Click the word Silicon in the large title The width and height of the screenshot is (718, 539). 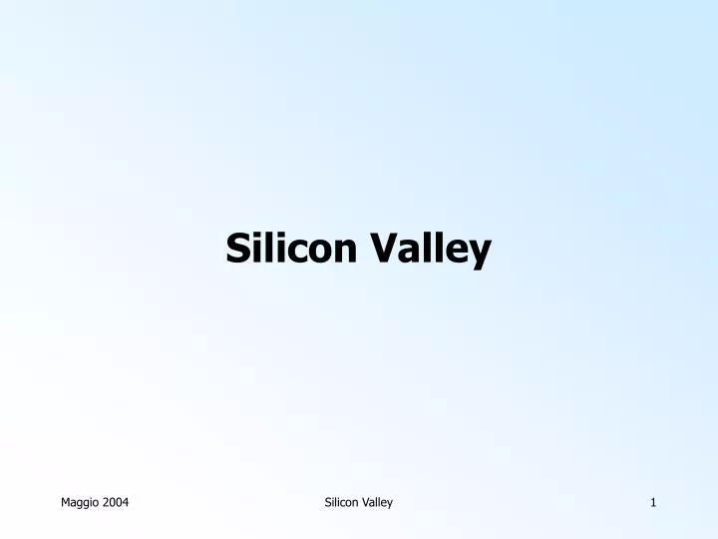[290, 248]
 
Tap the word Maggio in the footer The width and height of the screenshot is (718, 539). [81, 502]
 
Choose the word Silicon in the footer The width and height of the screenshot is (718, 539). [342, 502]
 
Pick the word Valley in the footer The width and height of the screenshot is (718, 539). [378, 502]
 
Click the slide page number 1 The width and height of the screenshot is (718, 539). [653, 502]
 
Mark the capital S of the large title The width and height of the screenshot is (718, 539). [236, 248]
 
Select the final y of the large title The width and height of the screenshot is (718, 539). [480, 252]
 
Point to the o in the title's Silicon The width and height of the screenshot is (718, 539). [319, 251]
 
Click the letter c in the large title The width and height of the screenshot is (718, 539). [297, 251]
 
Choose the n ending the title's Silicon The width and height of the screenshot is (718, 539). [344, 251]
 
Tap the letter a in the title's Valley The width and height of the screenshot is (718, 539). [409, 251]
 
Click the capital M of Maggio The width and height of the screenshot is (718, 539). [66, 502]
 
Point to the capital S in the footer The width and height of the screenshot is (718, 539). [328, 502]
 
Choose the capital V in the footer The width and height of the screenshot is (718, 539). [366, 502]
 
